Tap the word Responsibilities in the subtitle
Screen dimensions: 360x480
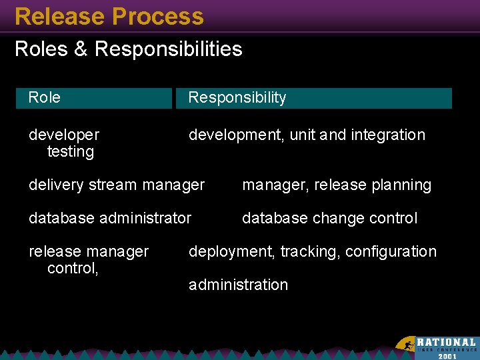[169, 49]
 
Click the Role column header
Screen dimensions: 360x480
[45, 98]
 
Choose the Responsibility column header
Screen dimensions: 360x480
[237, 98]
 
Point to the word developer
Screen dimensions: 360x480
[64, 135]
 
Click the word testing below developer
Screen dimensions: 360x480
[71, 152]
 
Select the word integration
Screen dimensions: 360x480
[388, 135]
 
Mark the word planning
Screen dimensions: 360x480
[402, 185]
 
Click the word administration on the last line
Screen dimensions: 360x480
[238, 285]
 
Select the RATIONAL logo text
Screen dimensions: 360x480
[446, 342]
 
